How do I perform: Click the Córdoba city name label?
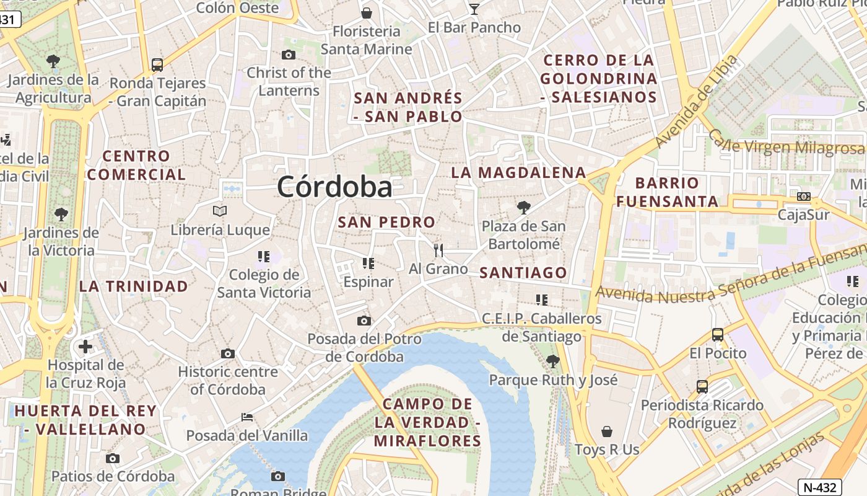[x=334, y=187]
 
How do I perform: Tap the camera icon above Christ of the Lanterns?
[x=288, y=55]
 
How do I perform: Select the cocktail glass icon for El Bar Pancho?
[x=474, y=9]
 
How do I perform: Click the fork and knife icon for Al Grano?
[x=438, y=250]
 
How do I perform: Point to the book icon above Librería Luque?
[x=220, y=211]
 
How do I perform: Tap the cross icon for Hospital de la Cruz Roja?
[x=85, y=346]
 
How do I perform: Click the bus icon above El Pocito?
[x=717, y=335]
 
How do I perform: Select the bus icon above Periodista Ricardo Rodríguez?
[x=702, y=387]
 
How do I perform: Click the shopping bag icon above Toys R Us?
[x=607, y=431]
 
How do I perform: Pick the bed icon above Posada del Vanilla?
[x=246, y=417]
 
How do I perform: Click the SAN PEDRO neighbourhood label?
[x=386, y=222]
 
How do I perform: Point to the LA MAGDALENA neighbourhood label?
[x=518, y=172]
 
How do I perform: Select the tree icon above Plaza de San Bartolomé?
[x=524, y=207]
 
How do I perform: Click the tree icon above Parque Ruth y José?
[x=553, y=361]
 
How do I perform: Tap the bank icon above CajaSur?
[x=804, y=197]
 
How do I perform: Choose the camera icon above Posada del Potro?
[x=364, y=321]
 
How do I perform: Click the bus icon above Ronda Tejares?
[x=157, y=64]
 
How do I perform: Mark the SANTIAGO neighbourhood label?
[x=523, y=273]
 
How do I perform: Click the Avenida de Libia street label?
[x=697, y=102]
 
